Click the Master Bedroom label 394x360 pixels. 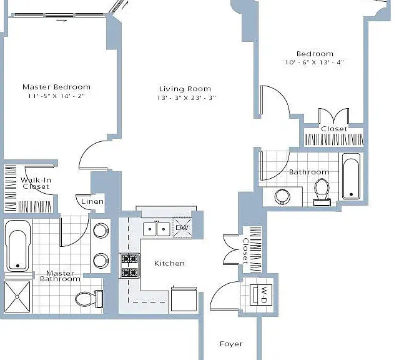pos(57,87)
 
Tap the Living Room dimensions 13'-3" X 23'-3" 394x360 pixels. pos(187,98)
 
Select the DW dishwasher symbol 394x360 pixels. pos(182,227)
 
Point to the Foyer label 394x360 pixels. pos(231,344)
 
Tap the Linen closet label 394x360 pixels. pos(92,201)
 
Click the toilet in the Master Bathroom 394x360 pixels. pos(89,299)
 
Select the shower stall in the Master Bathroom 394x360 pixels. pos(17,297)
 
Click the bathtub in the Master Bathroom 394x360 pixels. pos(17,246)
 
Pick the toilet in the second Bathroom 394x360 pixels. pos(322,192)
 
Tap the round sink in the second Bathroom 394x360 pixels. pos(282,196)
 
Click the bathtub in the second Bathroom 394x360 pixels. pos(351,176)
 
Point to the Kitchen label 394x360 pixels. pos(169,263)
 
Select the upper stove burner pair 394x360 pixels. pos(130,258)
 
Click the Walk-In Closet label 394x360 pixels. pos(36,183)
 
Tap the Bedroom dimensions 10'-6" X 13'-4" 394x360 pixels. pos(314,62)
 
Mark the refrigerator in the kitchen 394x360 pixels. pos(184,299)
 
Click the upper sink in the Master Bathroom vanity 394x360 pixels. pos(101,230)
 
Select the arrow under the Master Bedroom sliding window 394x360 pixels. pos(62,21)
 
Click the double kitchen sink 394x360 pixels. pos(157,229)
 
